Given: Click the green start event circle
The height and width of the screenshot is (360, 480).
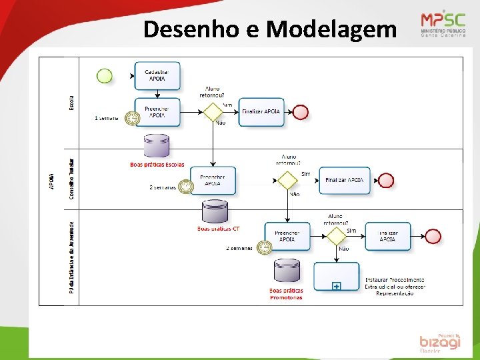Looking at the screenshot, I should click(x=105, y=76).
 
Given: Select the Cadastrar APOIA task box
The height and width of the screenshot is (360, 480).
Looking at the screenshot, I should click(x=157, y=76).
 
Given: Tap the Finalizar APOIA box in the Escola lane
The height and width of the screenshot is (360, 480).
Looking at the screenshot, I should click(x=262, y=112).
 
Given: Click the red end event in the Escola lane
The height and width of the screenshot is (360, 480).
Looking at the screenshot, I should click(x=301, y=112).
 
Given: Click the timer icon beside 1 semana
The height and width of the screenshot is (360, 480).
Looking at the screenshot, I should click(x=133, y=119).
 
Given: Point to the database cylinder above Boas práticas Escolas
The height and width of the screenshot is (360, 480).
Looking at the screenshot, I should click(x=157, y=146).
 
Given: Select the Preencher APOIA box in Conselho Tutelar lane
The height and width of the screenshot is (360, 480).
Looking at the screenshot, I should click(x=213, y=180).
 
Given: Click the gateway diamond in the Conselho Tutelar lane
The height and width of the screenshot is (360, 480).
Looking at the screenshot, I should click(x=287, y=180).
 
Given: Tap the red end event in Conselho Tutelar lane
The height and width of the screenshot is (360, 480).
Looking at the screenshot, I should click(x=386, y=180).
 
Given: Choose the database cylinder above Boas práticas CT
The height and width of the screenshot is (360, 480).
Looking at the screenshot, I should click(x=216, y=212).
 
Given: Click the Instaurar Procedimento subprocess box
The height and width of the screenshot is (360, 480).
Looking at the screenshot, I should click(x=337, y=276).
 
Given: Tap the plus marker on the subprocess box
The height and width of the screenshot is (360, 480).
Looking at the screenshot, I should click(x=337, y=286).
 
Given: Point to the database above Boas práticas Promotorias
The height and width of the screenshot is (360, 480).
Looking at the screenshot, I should click(x=287, y=271).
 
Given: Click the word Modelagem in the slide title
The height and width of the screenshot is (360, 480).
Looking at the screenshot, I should click(x=331, y=29).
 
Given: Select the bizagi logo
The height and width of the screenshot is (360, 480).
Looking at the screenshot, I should click(x=440, y=342).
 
